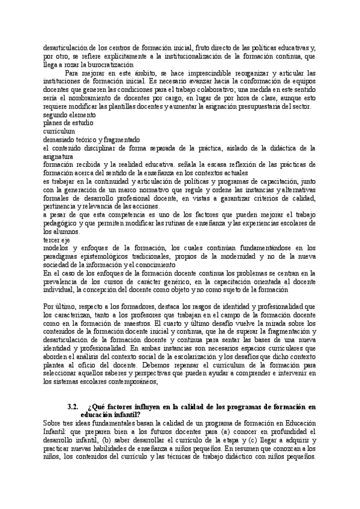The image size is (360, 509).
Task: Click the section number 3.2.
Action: (76, 406)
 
